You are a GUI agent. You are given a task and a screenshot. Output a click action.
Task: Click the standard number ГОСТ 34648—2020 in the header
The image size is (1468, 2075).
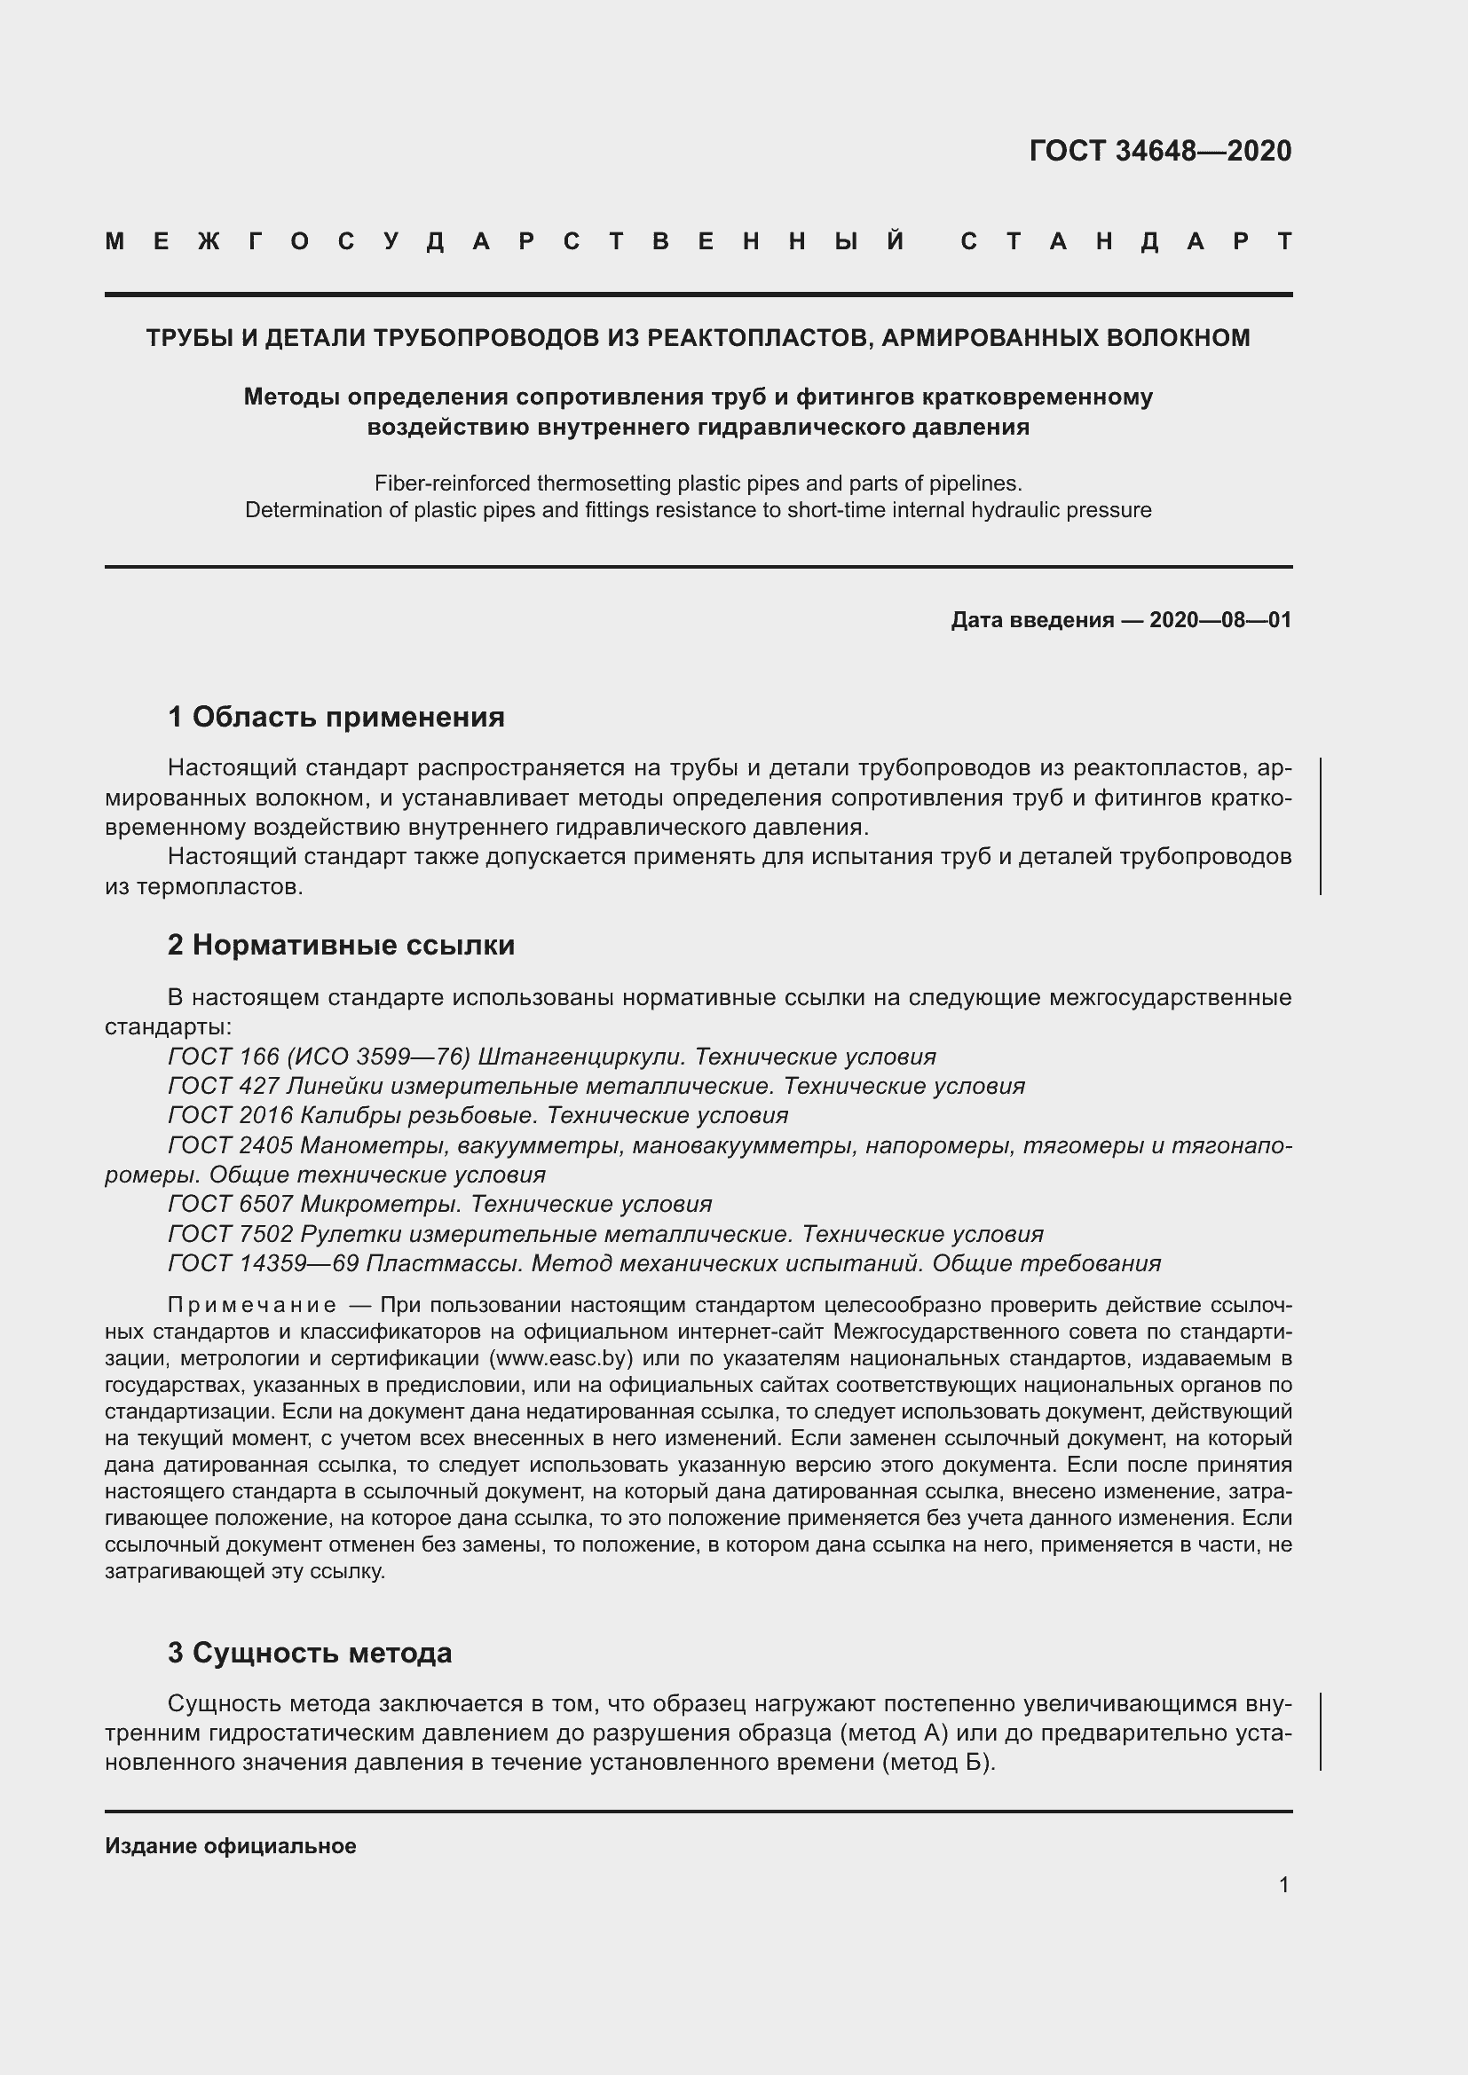(1160, 151)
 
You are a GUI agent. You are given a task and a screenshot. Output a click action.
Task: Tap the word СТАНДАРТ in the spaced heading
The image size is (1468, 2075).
(1126, 242)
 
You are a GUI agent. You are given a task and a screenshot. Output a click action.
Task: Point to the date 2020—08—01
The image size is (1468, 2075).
(1219, 620)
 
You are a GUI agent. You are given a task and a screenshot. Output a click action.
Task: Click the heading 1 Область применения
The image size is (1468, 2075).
(335, 717)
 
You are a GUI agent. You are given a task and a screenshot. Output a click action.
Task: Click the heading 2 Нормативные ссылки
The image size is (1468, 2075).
(341, 946)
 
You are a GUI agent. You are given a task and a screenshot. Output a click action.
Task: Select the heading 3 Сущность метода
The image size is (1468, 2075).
(309, 1653)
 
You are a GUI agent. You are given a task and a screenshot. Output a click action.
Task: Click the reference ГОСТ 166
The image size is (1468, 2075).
(212, 1057)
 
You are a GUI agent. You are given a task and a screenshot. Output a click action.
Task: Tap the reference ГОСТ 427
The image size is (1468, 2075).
(212, 1087)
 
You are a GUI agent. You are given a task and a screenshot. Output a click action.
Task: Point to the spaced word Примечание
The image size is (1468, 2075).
(252, 1306)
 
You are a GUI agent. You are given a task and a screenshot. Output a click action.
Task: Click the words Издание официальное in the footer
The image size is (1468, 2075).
(231, 1846)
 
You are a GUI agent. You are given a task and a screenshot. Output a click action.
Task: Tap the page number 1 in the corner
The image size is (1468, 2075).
(1283, 1884)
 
